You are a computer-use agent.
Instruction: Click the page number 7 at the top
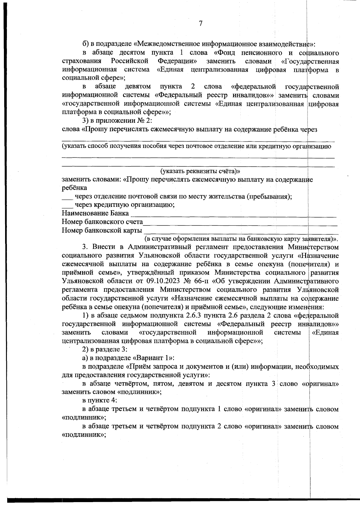click(201, 24)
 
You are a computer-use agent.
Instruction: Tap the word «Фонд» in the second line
click(223, 53)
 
